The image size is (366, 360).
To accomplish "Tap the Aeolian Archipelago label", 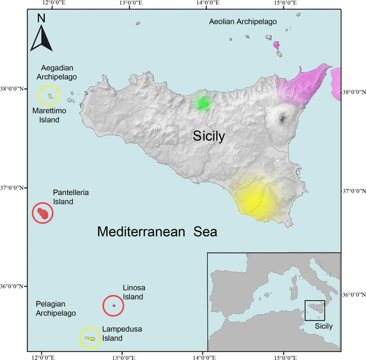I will pyautogui.click(x=243, y=22).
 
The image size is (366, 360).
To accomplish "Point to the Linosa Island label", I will pyautogui.click(x=134, y=292).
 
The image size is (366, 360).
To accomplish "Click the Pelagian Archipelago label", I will pyautogui.click(x=56, y=308).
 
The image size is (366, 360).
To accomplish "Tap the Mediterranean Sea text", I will pyautogui.click(x=157, y=232).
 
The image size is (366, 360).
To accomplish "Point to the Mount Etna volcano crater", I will pyautogui.click(x=283, y=118).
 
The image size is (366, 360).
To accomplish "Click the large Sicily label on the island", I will pyautogui.click(x=209, y=136).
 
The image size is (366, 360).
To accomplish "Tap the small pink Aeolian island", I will pyautogui.click(x=276, y=45).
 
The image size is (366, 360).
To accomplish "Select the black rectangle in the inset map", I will pyautogui.click(x=315, y=310).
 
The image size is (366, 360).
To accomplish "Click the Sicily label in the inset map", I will pyautogui.click(x=324, y=326).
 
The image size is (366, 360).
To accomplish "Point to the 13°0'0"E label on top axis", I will pyautogui.click(x=131, y=3).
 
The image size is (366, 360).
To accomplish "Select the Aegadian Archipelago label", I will pyautogui.click(x=57, y=72).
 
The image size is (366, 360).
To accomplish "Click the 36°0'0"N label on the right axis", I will pyautogui.click(x=354, y=295).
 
